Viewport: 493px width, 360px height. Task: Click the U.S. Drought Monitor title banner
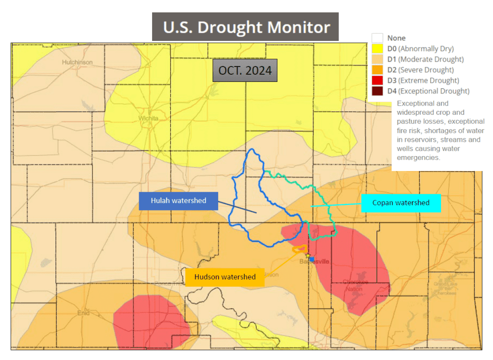[x=246, y=27]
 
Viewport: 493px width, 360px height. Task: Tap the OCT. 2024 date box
[x=245, y=70]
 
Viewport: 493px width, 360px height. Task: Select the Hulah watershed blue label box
[x=178, y=200]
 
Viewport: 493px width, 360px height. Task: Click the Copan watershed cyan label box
[x=401, y=203]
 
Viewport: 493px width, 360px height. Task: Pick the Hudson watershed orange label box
[x=225, y=277]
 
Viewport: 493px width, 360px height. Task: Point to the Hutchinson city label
[x=77, y=62]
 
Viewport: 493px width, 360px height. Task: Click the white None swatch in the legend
[x=377, y=38]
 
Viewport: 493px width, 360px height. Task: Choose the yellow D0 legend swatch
[x=377, y=48]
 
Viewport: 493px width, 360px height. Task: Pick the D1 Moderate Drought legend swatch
[x=377, y=59]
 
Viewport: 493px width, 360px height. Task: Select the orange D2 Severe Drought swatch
[x=377, y=69]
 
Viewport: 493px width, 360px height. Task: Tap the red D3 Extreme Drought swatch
[x=377, y=80]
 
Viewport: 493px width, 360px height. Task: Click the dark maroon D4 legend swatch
[x=377, y=91]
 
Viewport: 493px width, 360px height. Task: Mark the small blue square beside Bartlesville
[x=311, y=259]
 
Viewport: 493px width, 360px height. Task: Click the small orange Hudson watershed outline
[x=300, y=249]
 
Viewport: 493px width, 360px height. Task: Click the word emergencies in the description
[x=418, y=157]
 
